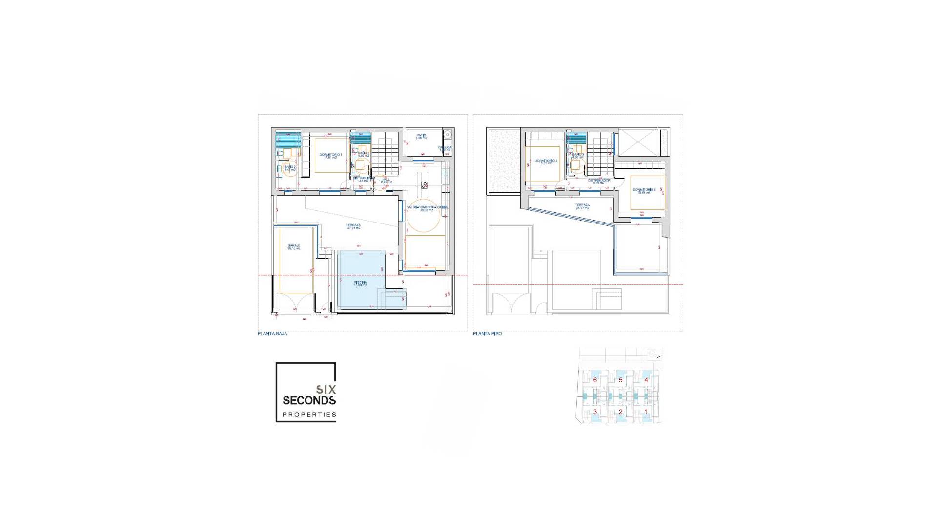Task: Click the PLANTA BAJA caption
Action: (272, 334)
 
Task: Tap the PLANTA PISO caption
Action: (487, 334)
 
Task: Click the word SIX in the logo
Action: (326, 390)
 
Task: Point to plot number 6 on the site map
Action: (595, 380)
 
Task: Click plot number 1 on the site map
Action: (646, 412)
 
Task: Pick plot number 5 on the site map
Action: (620, 380)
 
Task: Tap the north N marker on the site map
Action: (658, 357)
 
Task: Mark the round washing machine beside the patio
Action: (448, 135)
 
